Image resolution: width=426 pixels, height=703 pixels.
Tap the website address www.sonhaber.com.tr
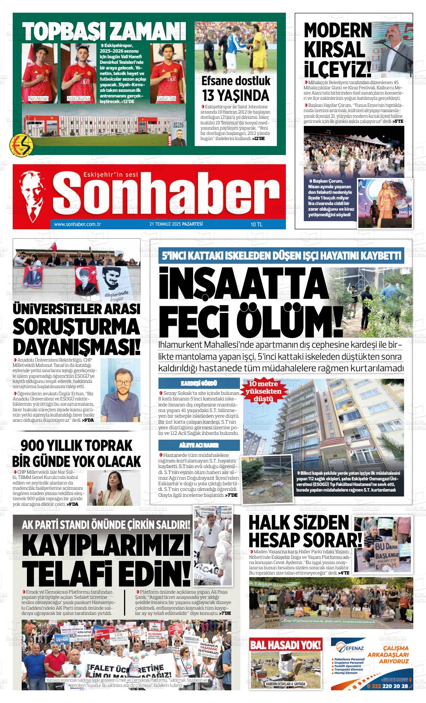pyautogui.click(x=78, y=224)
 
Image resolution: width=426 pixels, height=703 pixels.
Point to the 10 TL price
pyautogui.click(x=257, y=224)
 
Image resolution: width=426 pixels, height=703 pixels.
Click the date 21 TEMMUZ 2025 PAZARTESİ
pyautogui.click(x=176, y=224)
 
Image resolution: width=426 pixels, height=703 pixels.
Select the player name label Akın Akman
pyautogui.click(x=38, y=99)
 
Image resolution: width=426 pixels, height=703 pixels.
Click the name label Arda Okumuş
pyautogui.click(x=78, y=99)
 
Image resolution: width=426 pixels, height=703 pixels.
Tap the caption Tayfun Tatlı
pyautogui.click(x=166, y=99)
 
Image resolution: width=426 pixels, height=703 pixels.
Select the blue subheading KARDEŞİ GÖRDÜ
pyautogui.click(x=199, y=383)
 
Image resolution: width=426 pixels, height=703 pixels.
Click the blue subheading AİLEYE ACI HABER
pyautogui.click(x=199, y=445)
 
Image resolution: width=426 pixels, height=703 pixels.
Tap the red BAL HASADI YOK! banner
pyautogui.click(x=285, y=644)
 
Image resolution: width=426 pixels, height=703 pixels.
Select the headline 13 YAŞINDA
pyautogui.click(x=235, y=95)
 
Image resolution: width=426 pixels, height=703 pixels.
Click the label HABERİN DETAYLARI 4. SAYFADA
pyautogui.click(x=285, y=684)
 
